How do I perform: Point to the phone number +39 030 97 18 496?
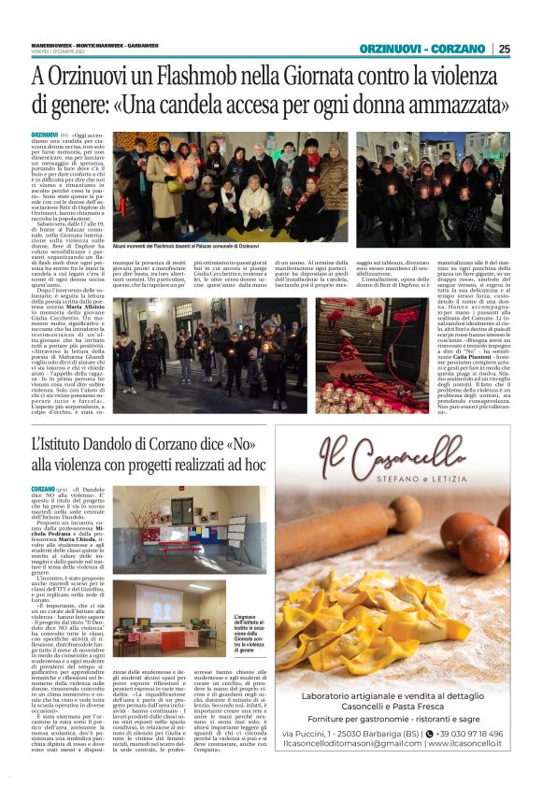(x=463, y=734)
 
